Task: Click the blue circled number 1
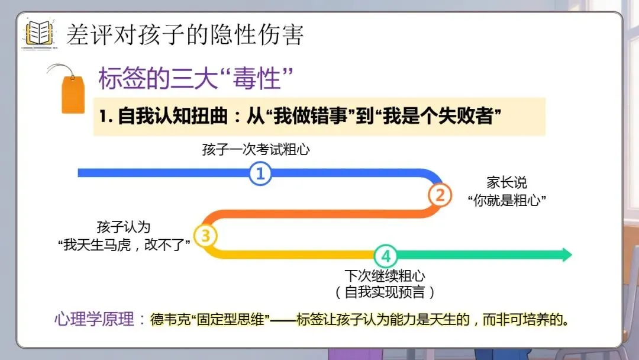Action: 260,173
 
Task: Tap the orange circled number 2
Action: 440,195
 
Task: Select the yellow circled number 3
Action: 205,236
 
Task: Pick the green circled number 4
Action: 386,256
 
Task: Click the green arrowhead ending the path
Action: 566,255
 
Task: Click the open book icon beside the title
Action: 39,33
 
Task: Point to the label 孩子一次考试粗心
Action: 256,150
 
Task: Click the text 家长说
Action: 506,182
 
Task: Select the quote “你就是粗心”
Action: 506,200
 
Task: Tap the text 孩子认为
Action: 124,227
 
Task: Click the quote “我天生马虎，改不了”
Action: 127,245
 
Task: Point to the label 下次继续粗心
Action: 385,276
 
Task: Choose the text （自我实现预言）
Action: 385,292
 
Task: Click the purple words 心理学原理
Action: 94,320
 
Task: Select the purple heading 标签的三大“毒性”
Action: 196,79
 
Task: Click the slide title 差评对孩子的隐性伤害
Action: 185,35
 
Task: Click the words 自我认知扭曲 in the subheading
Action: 173,116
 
